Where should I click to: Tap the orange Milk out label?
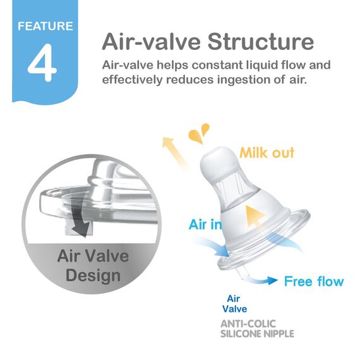pyautogui.click(x=267, y=153)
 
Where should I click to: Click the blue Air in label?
pyautogui.click(x=205, y=224)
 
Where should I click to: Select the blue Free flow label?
pyautogui.click(x=314, y=281)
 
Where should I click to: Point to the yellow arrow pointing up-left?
pyautogui.click(x=175, y=152)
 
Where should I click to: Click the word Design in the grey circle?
pyautogui.click(x=92, y=275)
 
